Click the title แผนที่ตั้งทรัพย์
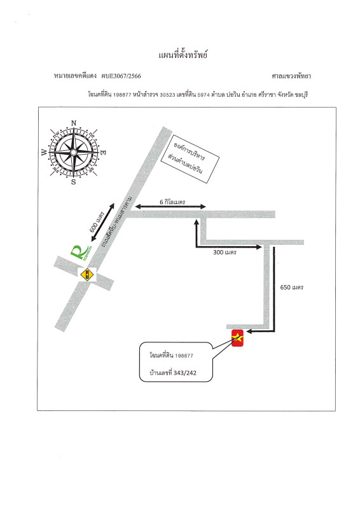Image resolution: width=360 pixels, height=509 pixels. coord(183,54)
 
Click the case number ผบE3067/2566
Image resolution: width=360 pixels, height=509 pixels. coord(121,76)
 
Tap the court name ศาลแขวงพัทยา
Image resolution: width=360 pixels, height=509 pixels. coord(291,76)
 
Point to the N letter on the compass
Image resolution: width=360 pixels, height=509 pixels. coord(74,123)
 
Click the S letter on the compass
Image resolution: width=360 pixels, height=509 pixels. coord(73,182)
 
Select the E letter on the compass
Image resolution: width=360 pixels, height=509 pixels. coord(104,152)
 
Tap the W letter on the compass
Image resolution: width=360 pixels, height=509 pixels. coord(44,152)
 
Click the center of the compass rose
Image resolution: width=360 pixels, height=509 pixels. coord(74,152)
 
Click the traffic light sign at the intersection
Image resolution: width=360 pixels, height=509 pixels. coord(87,275)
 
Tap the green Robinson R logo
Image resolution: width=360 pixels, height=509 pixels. coord(80,253)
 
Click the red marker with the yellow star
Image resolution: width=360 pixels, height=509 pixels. coord(238,338)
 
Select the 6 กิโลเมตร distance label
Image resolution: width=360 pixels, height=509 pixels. coord(172,202)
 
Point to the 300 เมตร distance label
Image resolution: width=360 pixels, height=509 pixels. coord(225,252)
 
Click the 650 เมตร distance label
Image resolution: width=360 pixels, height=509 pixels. coord(291,288)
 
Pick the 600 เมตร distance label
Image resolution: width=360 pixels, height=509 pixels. coord(97,222)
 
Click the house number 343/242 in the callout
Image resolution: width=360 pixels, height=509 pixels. coord(184,373)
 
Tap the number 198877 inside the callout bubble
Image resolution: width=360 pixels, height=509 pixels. coord(184,356)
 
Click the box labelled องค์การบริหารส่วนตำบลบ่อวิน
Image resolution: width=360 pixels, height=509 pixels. coord(190,159)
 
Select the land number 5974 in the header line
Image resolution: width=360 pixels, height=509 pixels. coord(204,95)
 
